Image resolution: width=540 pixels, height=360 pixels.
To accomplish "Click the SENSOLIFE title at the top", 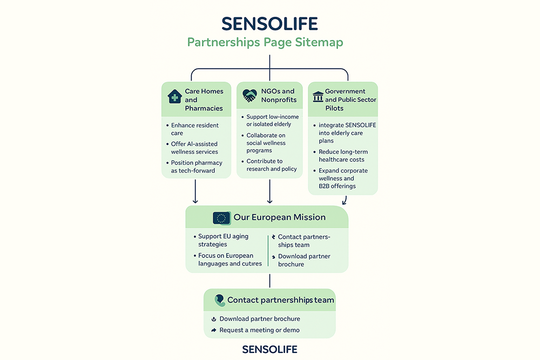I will coord(269,24).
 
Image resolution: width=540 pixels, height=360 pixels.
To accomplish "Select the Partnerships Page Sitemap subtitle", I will coord(265,42).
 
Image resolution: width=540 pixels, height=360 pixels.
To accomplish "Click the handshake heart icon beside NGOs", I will coord(249,96).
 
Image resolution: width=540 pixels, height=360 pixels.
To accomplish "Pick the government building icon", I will coord(318,97).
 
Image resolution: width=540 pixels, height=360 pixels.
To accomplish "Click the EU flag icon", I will coord(221,218).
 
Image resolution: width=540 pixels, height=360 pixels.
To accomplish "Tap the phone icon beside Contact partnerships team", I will coord(219,300).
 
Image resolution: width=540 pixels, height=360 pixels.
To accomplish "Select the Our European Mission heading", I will coord(279,218).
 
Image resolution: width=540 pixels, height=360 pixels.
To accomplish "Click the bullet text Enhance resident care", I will coord(195,129).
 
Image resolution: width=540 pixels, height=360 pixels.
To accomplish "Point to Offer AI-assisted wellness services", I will coord(194,148).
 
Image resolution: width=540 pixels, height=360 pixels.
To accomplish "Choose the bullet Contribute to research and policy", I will coord(272,165).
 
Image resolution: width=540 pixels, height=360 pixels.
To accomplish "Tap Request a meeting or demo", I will coord(259,330).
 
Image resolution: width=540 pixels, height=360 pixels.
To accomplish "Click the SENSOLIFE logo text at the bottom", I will coord(269,349).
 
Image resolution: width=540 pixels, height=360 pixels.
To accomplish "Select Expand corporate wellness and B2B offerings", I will coord(342,178).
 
